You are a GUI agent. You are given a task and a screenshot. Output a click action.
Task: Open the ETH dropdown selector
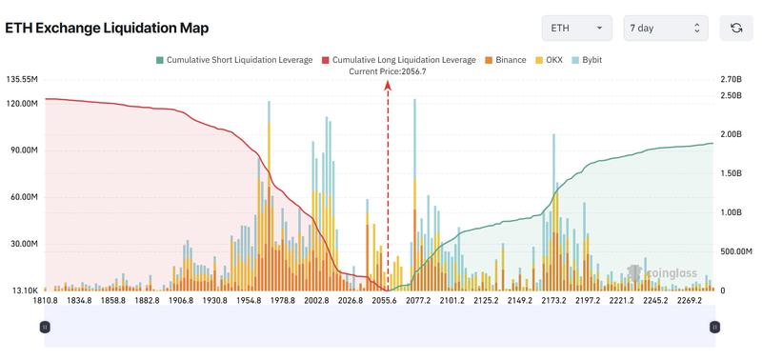(577, 29)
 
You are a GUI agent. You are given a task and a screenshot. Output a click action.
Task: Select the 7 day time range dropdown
(666, 29)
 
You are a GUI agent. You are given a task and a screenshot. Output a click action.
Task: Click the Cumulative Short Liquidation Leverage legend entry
(233, 60)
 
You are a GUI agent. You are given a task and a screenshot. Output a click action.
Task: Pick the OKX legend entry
(548, 60)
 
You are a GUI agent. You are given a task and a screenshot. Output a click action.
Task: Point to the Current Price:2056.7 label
(388, 71)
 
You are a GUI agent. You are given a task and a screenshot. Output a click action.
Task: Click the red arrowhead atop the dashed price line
(388, 85)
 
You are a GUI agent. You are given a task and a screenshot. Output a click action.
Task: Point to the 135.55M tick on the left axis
(22, 80)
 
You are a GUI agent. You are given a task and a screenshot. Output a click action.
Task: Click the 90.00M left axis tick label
(22, 150)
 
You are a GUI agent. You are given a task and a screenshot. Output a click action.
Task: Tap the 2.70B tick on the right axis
(731, 80)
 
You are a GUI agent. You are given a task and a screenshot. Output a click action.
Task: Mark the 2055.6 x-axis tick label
(386, 301)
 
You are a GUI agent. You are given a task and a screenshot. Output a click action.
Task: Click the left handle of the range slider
(45, 327)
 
